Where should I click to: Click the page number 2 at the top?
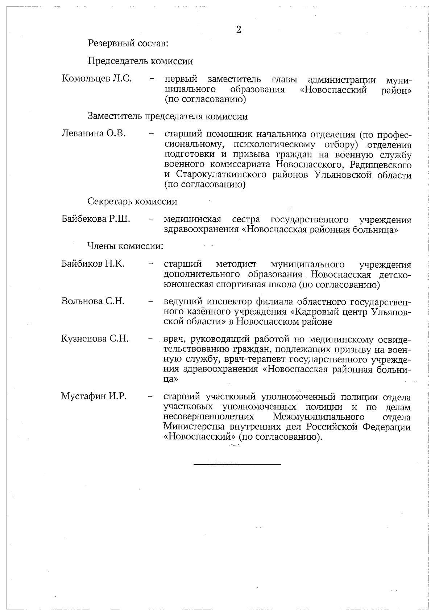(239, 30)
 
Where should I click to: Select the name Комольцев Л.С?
(97, 79)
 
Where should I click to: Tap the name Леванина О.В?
(94, 134)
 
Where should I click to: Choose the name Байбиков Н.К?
(93, 264)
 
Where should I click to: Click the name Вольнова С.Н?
(93, 301)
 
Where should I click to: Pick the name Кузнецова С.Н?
(95, 339)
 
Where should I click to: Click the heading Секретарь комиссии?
(132, 201)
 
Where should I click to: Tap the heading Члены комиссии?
(125, 246)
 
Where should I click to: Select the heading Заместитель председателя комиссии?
(168, 116)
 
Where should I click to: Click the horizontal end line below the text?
(237, 464)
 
